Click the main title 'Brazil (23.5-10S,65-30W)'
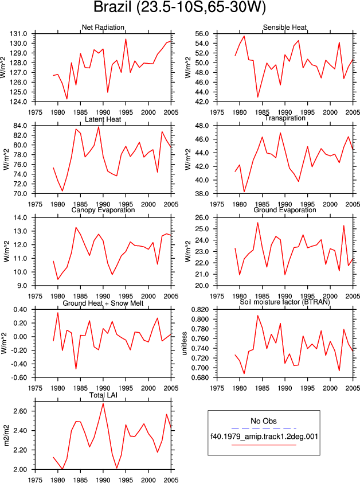(x=179, y=7)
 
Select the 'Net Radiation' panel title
(x=103, y=28)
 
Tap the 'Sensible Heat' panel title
(x=285, y=28)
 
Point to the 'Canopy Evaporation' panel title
(x=103, y=210)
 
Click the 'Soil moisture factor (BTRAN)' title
(x=285, y=302)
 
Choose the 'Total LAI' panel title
(x=103, y=395)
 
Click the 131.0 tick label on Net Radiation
(x=18, y=34)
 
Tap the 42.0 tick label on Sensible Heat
(x=202, y=102)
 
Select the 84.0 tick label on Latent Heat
(x=20, y=126)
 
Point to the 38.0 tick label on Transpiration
(x=202, y=194)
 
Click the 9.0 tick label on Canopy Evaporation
(x=22, y=286)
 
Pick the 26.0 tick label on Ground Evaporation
(x=202, y=217)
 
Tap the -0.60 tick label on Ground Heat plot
(x=19, y=377)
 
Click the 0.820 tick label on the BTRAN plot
(x=200, y=310)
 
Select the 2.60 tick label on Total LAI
(x=20, y=411)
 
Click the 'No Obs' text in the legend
(x=264, y=421)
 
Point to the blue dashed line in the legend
(x=264, y=429)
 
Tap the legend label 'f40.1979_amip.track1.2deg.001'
(x=264, y=437)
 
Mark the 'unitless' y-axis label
(x=185, y=344)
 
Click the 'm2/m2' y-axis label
(x=6, y=435)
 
